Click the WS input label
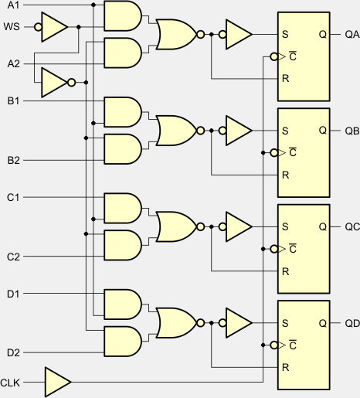click(12, 27)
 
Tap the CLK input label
click(10, 383)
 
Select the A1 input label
click(13, 5)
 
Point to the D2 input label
click(13, 352)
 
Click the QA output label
click(352, 34)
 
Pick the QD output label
click(352, 323)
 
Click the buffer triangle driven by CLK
click(58, 382)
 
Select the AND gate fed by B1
click(123, 112)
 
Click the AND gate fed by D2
click(123, 342)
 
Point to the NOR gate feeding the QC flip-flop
click(177, 226)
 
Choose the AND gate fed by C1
click(123, 208)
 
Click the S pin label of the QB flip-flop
click(285, 131)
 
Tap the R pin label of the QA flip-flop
click(285, 78)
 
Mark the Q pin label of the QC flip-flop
click(323, 226)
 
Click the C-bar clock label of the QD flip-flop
click(293, 345)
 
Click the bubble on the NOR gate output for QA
click(201, 34)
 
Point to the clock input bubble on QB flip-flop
click(274, 153)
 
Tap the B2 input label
click(13, 161)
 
